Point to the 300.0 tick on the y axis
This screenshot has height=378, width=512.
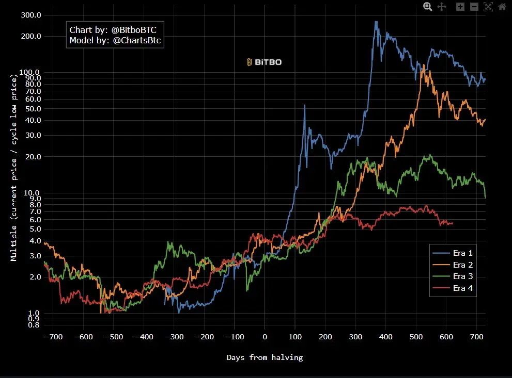[x=32, y=15]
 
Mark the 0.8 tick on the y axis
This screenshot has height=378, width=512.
[x=35, y=325]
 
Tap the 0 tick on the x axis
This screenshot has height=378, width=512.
[x=265, y=337]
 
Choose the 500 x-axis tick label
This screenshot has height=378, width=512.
[x=416, y=337]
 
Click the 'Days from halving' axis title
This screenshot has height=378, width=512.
[x=265, y=357]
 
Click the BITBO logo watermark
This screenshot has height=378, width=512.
[x=264, y=62]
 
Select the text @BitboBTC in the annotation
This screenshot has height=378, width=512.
[x=134, y=30]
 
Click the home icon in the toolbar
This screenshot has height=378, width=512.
[x=502, y=7]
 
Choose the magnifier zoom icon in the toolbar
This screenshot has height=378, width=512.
[x=428, y=7]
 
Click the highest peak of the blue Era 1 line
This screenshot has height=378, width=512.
[x=376, y=22]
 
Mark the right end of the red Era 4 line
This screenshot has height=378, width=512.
[x=453, y=223]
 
